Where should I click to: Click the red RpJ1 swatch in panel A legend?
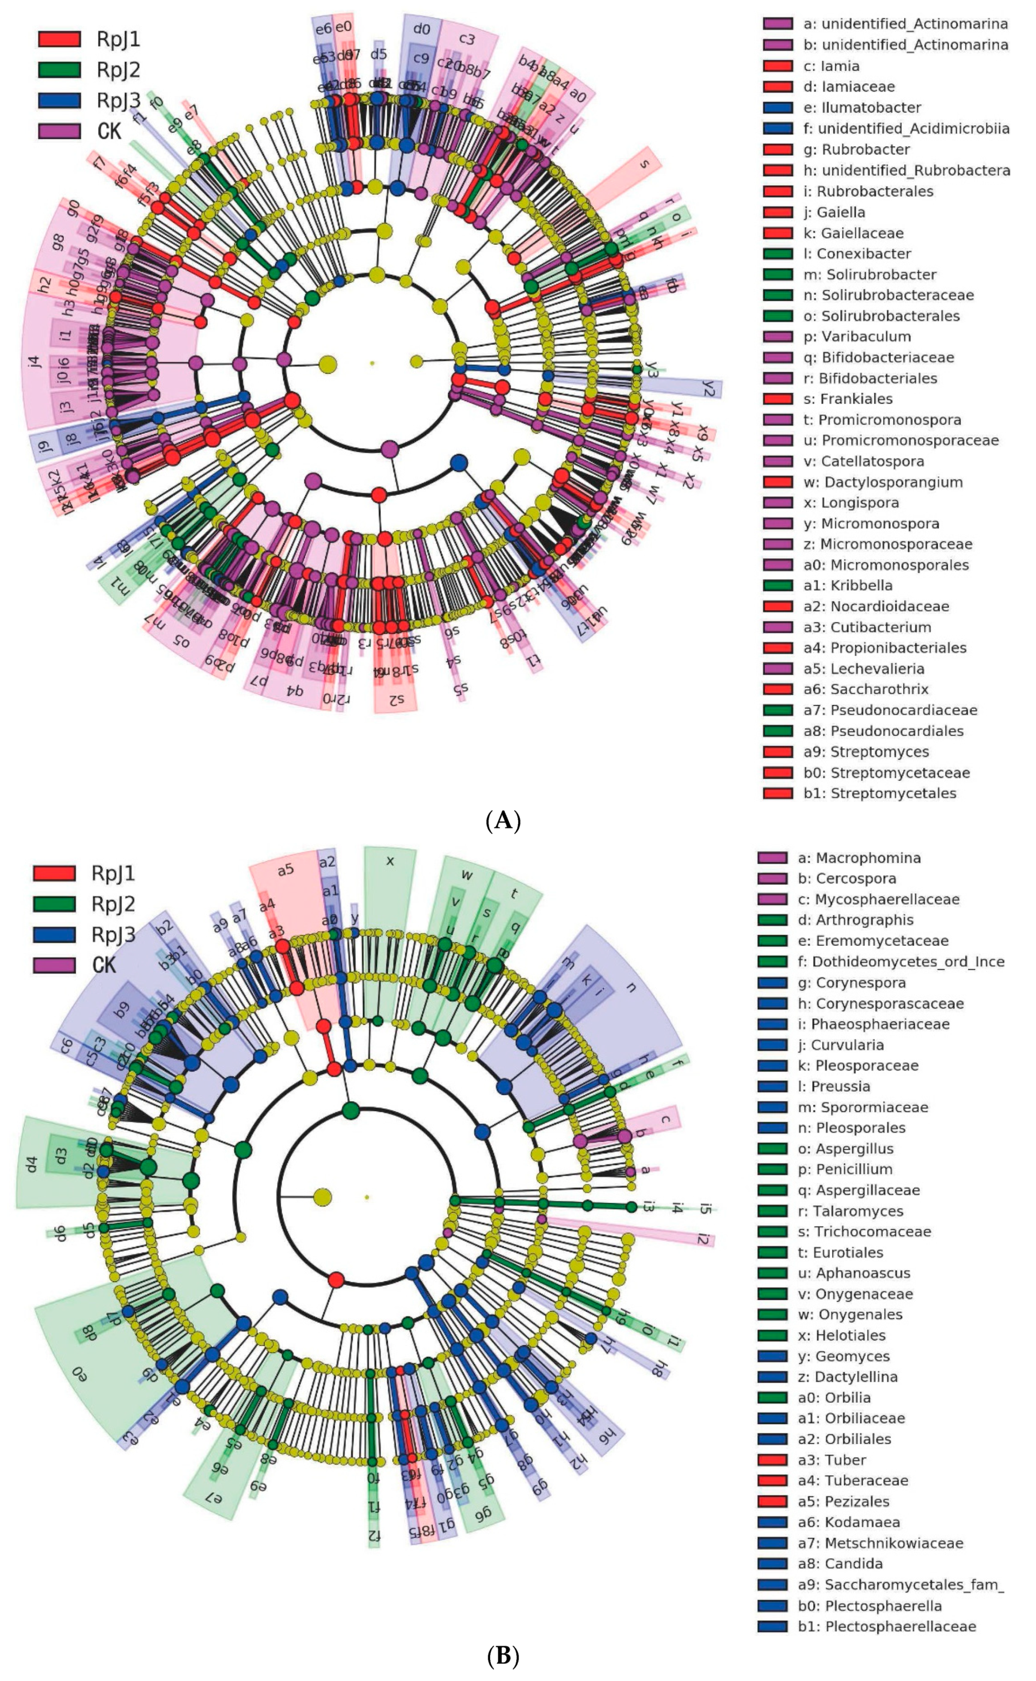(x=59, y=39)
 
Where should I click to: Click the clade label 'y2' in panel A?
(x=708, y=389)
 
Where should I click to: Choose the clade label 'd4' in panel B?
(x=31, y=1163)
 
